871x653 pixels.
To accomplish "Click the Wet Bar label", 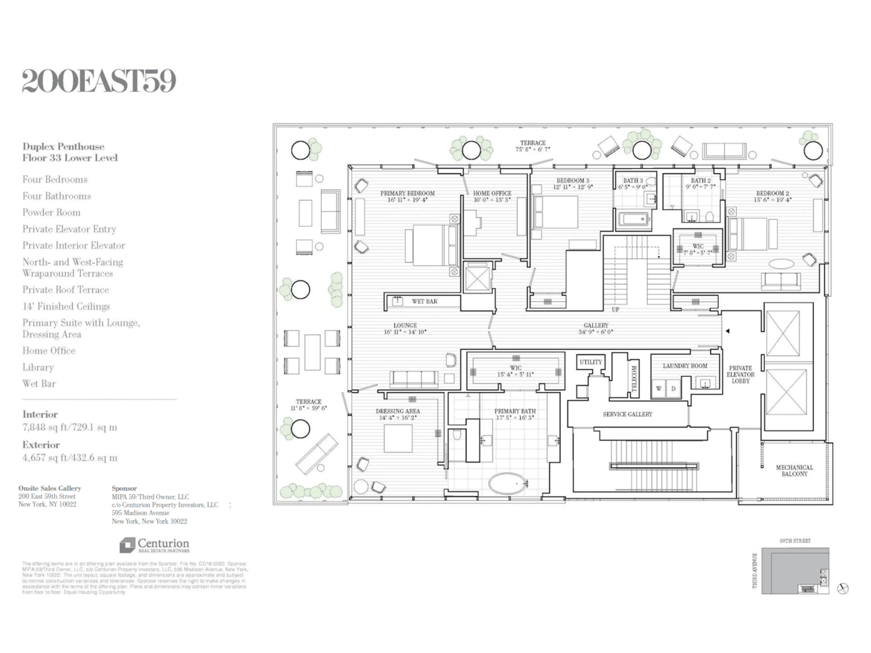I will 424,301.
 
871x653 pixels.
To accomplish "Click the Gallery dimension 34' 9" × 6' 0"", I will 596,332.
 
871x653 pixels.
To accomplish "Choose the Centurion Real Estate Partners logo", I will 154,545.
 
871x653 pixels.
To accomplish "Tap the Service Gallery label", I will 627,414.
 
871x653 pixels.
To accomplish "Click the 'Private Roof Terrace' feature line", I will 65,290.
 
